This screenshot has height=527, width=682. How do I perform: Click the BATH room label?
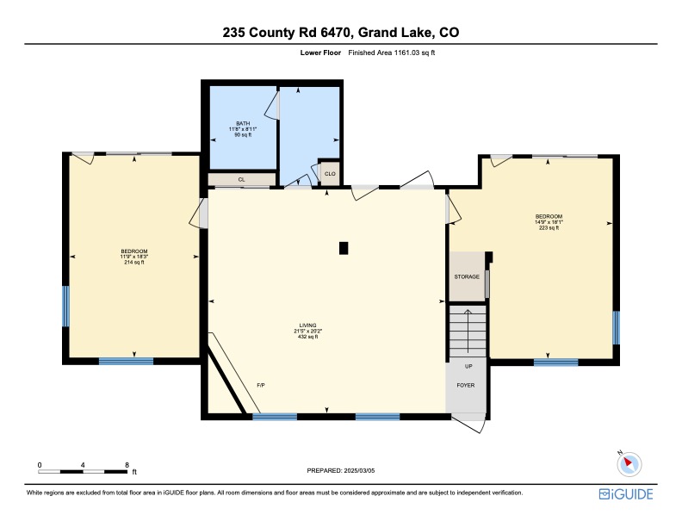[x=243, y=123]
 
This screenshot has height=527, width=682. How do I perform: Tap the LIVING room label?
[x=307, y=325]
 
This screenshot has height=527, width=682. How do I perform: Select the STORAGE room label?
[x=467, y=276]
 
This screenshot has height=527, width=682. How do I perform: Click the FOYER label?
[x=465, y=385]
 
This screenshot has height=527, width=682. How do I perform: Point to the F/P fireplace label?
[x=261, y=385]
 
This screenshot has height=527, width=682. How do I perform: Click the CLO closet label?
[x=330, y=174]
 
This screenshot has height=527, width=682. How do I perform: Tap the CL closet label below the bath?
[x=241, y=180]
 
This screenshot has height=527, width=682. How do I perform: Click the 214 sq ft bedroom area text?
[x=134, y=262]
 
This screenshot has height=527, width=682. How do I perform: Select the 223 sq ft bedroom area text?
[x=549, y=227]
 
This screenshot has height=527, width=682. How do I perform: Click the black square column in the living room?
[x=344, y=248]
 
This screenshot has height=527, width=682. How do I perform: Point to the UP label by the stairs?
[x=468, y=366]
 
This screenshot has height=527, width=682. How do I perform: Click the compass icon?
[x=629, y=463]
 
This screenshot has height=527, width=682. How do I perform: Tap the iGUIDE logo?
[x=626, y=494]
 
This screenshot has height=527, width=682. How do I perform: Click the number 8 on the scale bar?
[x=127, y=465]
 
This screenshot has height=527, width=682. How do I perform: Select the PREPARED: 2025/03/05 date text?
[x=340, y=470]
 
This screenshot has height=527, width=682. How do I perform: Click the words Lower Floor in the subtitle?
[x=320, y=53]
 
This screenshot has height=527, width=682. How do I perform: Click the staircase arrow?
[x=468, y=331]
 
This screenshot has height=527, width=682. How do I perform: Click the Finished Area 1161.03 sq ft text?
[x=392, y=53]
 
